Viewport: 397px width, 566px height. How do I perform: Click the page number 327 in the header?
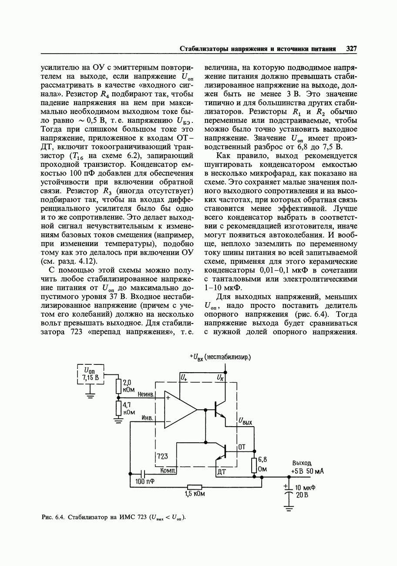[351, 49]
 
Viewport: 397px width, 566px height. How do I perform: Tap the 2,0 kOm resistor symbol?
[118, 385]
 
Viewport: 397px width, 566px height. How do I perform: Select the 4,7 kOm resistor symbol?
[118, 408]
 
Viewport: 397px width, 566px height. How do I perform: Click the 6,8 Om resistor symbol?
[255, 465]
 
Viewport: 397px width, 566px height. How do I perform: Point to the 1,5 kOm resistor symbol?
[195, 487]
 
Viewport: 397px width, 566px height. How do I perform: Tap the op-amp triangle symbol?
[179, 410]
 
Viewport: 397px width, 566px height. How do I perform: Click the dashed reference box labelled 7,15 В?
[91, 374]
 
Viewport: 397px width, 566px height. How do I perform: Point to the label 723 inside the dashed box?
[162, 456]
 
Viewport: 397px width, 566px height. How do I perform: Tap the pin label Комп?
[168, 471]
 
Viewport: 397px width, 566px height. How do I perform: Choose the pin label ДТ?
[221, 472]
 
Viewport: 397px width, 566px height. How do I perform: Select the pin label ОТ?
[242, 447]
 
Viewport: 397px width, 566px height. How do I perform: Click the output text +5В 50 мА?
[307, 472]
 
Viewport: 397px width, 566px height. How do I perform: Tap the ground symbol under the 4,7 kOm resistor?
[118, 420]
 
